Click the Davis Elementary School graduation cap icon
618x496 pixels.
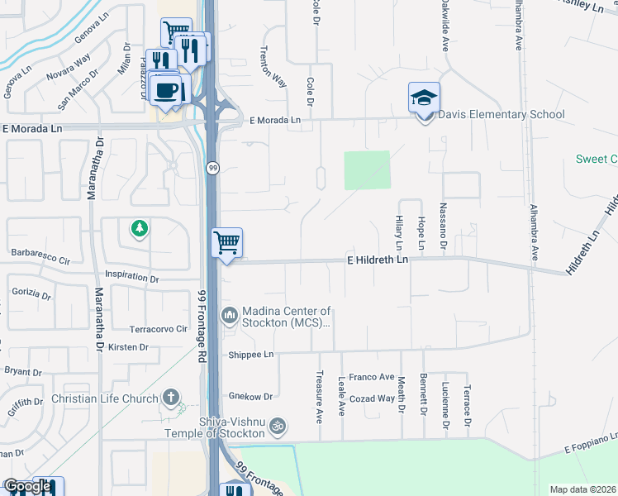coord(424,98)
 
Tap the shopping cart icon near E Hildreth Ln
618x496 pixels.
coord(226,243)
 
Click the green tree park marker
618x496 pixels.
coord(140,227)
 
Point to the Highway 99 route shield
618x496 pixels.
coord(212,168)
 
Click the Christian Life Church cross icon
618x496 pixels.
coord(172,398)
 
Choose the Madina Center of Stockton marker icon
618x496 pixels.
coord(230,314)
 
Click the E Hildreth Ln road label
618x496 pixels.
coord(377,260)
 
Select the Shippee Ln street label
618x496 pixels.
coord(250,354)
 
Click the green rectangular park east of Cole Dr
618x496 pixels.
coord(367,169)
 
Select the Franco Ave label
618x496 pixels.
coord(371,377)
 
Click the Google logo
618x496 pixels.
coord(27,486)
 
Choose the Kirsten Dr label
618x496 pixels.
coord(128,347)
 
